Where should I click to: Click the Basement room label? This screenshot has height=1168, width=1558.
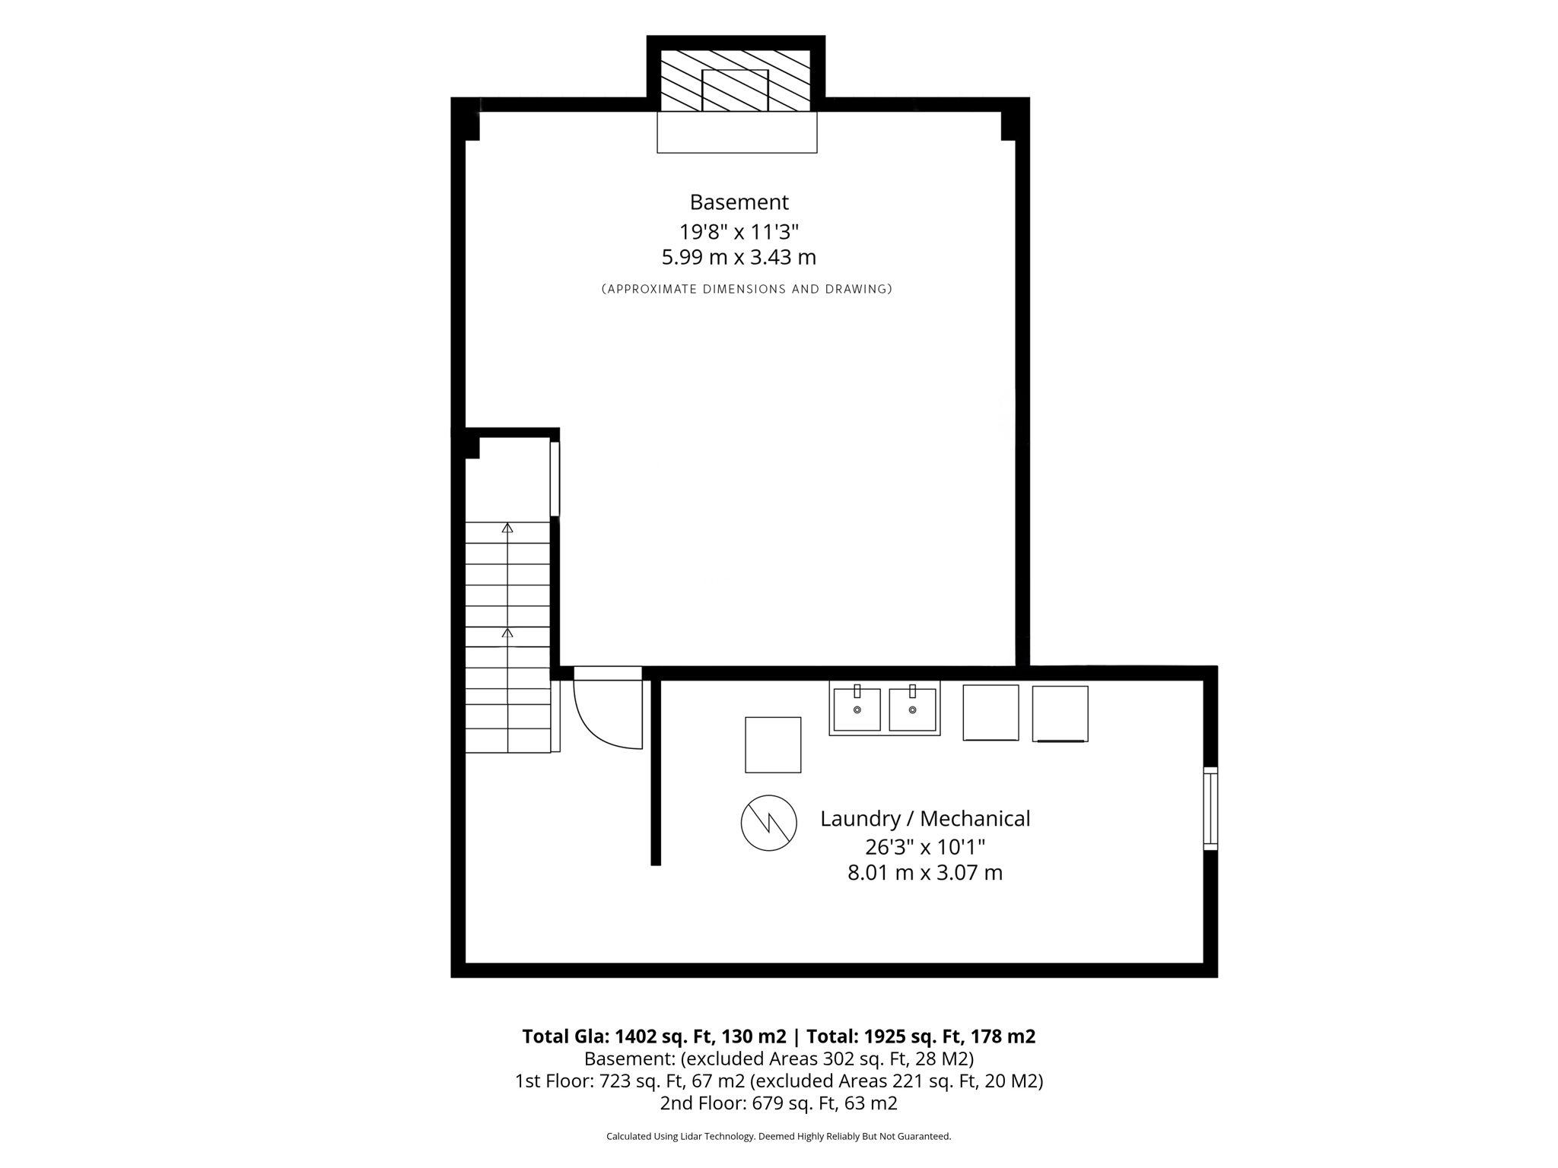click(x=739, y=202)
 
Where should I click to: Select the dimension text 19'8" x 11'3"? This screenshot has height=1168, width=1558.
click(x=739, y=231)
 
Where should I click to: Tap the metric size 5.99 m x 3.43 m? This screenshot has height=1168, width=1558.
click(x=739, y=258)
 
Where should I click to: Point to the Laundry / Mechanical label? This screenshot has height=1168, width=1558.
click(x=925, y=819)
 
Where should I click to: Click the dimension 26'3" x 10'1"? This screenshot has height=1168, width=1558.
click(x=925, y=846)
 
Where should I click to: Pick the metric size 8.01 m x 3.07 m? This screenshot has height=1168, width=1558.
click(x=925, y=873)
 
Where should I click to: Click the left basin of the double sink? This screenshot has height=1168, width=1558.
click(x=857, y=709)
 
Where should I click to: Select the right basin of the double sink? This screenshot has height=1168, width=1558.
click(x=912, y=709)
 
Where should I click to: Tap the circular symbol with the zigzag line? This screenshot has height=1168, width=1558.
click(x=768, y=823)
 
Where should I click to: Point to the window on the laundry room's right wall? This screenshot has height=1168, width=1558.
click(x=1210, y=808)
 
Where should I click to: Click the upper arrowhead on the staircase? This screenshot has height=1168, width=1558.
click(x=507, y=528)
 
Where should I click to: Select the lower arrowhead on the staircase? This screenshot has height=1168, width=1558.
click(x=507, y=633)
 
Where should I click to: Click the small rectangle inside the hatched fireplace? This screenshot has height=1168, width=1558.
click(x=735, y=90)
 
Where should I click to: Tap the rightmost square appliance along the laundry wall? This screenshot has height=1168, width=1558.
click(x=1060, y=713)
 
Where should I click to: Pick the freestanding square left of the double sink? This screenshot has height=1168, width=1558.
click(x=773, y=744)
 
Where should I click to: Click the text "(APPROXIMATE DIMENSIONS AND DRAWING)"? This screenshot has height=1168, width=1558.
click(x=746, y=289)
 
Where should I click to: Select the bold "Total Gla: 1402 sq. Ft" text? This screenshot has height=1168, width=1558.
click(x=653, y=1036)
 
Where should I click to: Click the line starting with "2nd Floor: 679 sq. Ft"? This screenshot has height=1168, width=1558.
click(x=778, y=1103)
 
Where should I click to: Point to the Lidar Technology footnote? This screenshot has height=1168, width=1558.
click(x=778, y=1137)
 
